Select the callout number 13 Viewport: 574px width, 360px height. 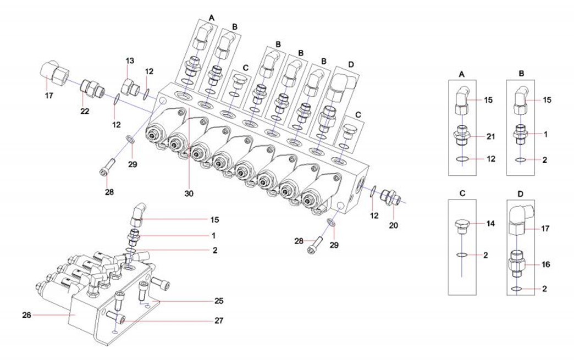pyautogui.click(x=130, y=61)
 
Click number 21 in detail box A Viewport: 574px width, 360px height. pyautogui.click(x=492, y=136)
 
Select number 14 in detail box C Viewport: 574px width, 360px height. pyautogui.click(x=492, y=224)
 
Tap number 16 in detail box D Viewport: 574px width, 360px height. pyautogui.click(x=547, y=264)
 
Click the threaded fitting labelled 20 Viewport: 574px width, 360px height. pyautogui.click(x=391, y=196)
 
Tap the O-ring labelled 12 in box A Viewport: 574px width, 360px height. pyautogui.click(x=463, y=160)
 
